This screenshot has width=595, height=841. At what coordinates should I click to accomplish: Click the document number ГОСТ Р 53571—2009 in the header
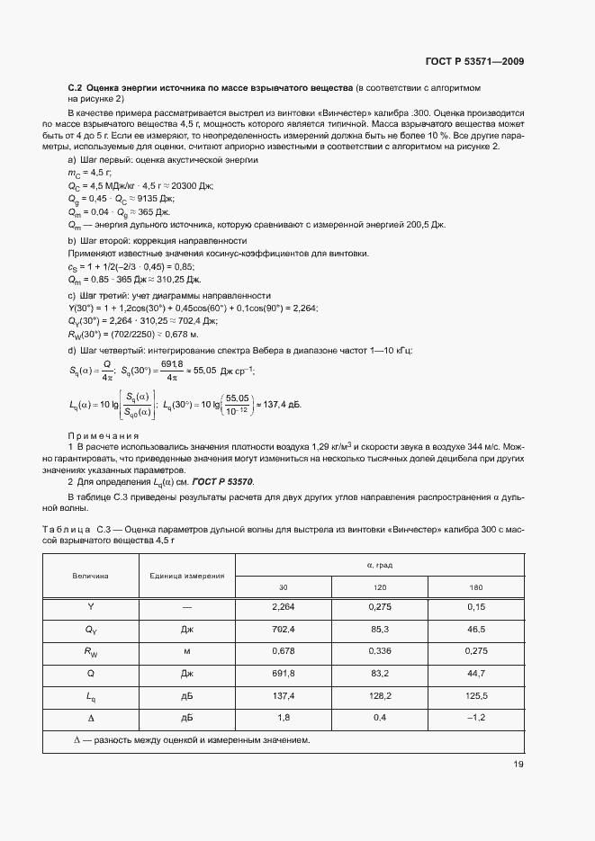(x=473, y=62)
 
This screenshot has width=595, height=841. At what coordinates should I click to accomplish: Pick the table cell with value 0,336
(x=379, y=651)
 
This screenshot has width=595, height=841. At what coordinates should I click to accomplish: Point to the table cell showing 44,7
(x=476, y=673)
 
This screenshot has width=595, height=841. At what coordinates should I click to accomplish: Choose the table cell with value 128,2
(x=379, y=695)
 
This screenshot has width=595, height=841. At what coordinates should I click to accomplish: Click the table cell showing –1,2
(x=476, y=718)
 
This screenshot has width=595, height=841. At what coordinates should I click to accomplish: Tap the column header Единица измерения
(x=187, y=576)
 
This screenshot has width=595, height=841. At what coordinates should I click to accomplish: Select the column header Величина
(x=91, y=576)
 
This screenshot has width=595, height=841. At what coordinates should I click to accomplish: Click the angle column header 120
(x=379, y=587)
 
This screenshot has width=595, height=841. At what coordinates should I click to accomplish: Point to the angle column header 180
(x=476, y=587)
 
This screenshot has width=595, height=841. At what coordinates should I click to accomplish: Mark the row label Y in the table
(x=91, y=607)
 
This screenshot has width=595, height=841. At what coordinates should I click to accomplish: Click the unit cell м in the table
(x=187, y=651)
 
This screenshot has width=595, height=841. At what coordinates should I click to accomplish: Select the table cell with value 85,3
(x=379, y=630)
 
